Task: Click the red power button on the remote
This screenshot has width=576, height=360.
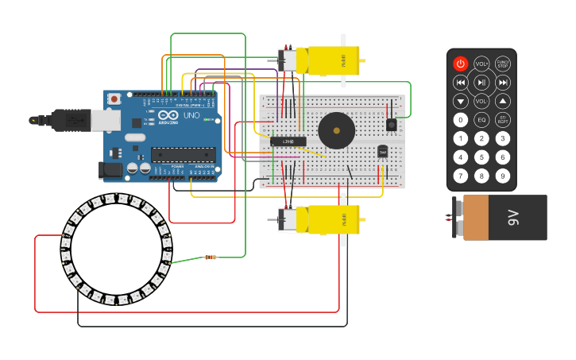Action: point(461,64)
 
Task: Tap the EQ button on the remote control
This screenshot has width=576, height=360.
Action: point(481,120)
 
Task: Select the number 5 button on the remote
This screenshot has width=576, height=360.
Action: point(481,157)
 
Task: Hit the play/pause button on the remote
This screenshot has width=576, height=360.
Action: point(481,83)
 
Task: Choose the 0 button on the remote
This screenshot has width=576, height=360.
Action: point(461,120)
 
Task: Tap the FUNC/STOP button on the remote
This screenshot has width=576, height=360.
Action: point(502,64)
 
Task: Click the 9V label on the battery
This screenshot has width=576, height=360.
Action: point(514,217)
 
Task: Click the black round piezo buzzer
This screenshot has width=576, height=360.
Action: point(336,130)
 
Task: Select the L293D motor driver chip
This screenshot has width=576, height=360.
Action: point(288,141)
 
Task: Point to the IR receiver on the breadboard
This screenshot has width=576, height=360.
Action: point(391,124)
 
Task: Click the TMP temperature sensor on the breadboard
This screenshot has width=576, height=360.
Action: point(382,151)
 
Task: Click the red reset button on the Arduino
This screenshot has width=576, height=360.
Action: point(114,99)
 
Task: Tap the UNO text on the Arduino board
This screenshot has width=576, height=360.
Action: point(191,116)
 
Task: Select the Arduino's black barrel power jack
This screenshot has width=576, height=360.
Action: point(108,169)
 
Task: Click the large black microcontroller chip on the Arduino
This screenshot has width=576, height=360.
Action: point(183,155)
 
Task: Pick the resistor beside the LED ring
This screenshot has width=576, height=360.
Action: point(211,257)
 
